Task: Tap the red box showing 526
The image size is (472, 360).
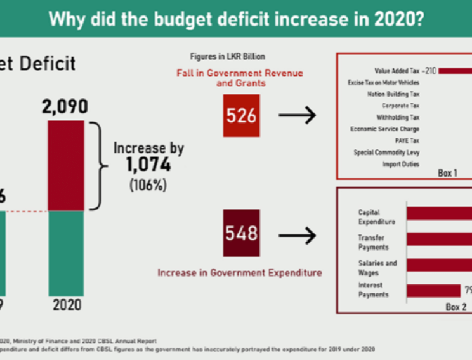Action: click(x=241, y=116)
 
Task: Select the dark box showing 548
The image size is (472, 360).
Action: click(x=241, y=233)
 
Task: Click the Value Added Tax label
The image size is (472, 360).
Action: click(x=397, y=71)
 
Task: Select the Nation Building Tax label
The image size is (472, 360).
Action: click(x=393, y=94)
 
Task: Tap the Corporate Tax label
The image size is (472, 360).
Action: click(x=400, y=106)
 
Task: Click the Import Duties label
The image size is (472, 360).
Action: click(x=400, y=164)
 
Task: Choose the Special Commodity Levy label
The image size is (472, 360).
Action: click(x=386, y=152)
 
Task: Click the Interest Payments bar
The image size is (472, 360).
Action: click(x=433, y=291)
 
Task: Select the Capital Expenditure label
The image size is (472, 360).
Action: click(x=376, y=217)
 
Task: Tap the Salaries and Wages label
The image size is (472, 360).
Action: click(x=378, y=268)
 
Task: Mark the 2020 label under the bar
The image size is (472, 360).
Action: click(x=67, y=305)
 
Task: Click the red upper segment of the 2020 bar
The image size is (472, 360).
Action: click(x=68, y=166)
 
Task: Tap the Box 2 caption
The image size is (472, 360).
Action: click(x=456, y=307)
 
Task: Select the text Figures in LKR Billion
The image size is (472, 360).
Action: click(x=219, y=57)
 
